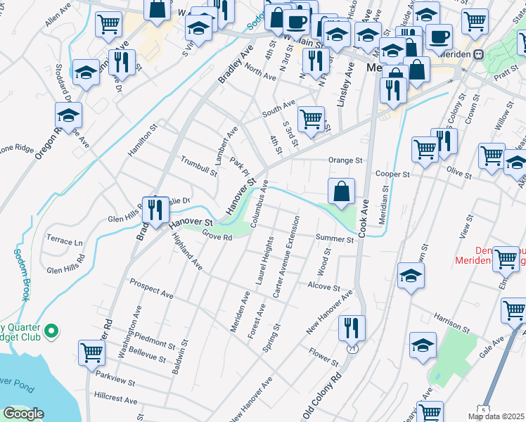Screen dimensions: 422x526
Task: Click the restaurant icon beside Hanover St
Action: coord(155,209)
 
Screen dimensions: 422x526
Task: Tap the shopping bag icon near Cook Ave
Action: coord(341,191)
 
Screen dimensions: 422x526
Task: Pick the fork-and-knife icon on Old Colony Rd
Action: coord(351,327)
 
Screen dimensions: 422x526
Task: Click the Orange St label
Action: coord(344,160)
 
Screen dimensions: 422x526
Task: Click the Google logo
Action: coord(23,414)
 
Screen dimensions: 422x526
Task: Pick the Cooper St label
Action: coord(392,174)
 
